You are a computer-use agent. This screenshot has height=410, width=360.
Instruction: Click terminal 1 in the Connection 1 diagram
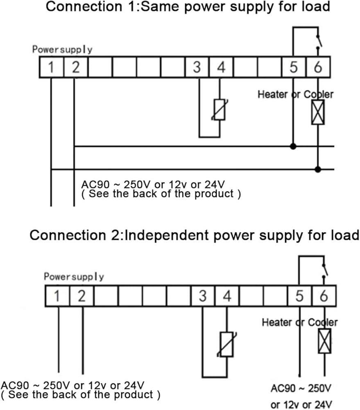pos(52,67)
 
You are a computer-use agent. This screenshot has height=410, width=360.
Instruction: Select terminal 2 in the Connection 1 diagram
pos(76,67)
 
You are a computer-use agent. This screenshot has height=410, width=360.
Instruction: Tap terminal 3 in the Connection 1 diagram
pos(197,67)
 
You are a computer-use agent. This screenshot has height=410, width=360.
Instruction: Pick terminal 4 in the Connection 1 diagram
pos(221,67)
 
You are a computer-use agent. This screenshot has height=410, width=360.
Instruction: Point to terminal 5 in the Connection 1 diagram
pos(294,67)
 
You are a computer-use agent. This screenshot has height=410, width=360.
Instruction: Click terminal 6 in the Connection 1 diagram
pos(318,67)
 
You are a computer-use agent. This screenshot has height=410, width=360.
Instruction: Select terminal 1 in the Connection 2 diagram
pos(57,296)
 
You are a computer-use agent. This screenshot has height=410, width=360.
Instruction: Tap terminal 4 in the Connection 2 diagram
pos(227,296)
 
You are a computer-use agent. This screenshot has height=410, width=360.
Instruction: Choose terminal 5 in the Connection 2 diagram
pos(300,296)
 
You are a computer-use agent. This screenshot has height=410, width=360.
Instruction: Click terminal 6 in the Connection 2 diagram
pos(324,296)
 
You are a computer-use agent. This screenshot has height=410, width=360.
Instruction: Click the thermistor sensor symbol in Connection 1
pos(220,109)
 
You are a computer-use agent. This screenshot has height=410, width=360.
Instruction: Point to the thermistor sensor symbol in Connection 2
pos(227,344)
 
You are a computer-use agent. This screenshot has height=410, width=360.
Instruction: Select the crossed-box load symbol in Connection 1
pos(318,112)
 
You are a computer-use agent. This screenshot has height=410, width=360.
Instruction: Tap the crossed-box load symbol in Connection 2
pos(325,341)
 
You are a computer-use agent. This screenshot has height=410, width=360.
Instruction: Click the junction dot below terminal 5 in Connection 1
pos(293,146)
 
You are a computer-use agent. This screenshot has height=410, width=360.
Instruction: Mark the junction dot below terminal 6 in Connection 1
pos(318,169)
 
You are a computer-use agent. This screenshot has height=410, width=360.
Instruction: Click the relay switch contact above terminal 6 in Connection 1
pos(319,42)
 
